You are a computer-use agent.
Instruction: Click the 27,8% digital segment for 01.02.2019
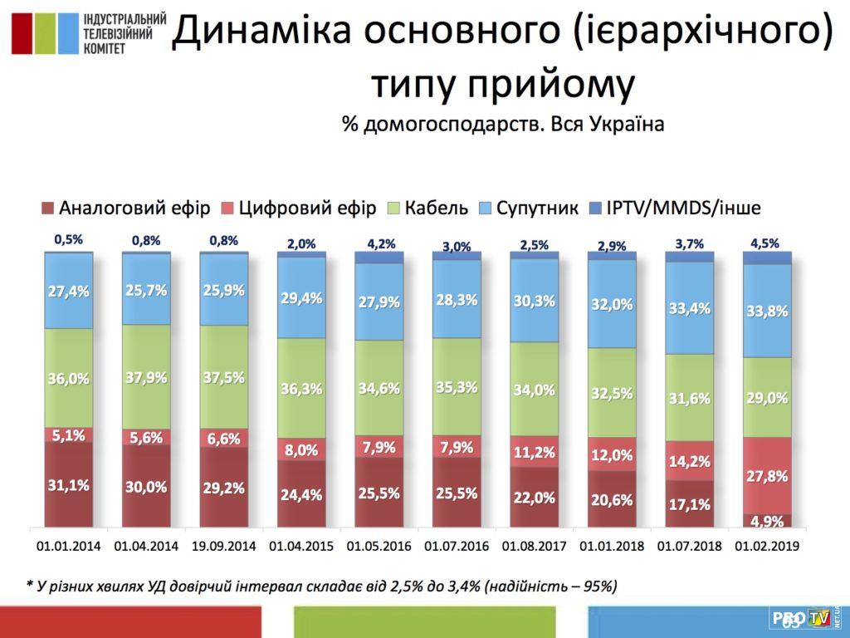click(x=767, y=476)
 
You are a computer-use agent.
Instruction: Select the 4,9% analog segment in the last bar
click(x=767, y=521)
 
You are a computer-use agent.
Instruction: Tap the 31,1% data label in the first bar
click(x=69, y=486)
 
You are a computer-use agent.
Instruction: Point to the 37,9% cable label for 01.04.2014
click(x=146, y=377)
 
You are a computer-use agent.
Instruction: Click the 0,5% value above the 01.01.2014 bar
click(x=68, y=240)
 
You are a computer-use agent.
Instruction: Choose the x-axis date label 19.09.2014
click(x=224, y=547)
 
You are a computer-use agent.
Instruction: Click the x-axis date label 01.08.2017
click(x=535, y=547)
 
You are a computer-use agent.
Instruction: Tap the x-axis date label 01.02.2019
click(x=768, y=547)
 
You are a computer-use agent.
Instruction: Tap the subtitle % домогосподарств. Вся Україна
click(x=503, y=125)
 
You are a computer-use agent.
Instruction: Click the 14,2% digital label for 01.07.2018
click(x=690, y=462)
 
